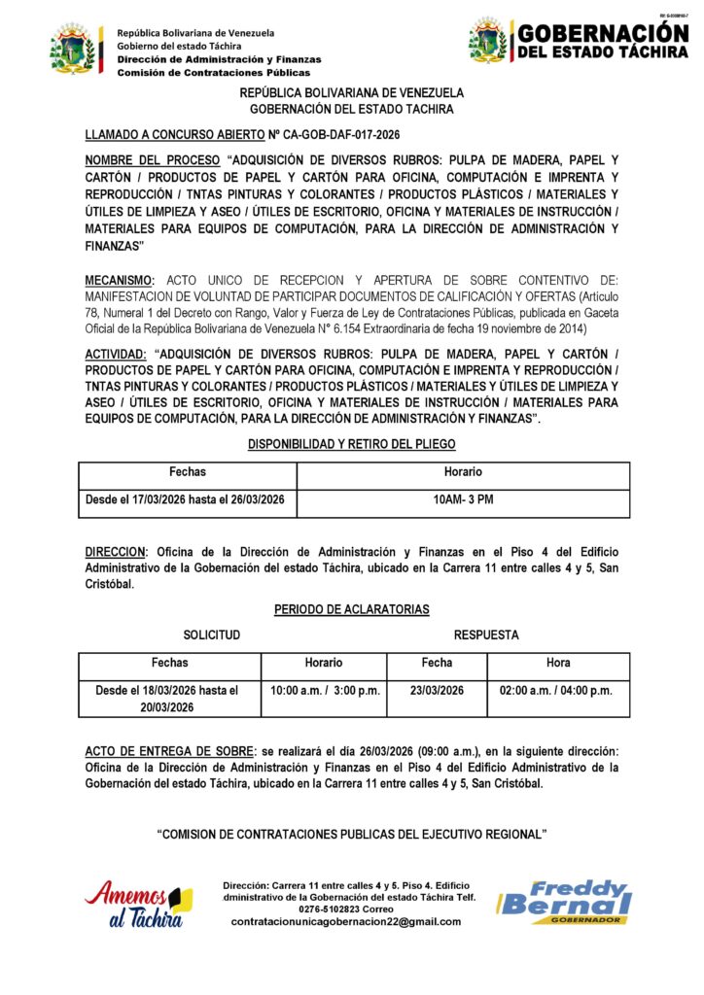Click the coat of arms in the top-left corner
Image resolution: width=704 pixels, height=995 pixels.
[75, 50]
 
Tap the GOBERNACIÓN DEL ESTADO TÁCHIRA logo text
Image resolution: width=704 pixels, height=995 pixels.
[602, 41]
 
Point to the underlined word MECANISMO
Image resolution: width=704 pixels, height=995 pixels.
[120, 280]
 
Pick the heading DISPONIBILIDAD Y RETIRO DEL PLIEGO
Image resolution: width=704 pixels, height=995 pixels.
[352, 444]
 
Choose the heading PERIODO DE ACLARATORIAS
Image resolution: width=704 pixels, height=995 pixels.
[352, 609]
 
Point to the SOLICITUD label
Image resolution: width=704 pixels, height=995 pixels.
[212, 635]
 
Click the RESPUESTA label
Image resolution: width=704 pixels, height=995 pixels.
[486, 635]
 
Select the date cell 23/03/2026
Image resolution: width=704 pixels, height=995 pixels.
[437, 691]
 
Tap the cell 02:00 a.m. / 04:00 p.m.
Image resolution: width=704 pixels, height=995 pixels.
[557, 691]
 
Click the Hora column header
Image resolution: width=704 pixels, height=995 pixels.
[558, 663]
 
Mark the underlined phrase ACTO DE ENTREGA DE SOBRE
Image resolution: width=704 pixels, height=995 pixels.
[168, 751]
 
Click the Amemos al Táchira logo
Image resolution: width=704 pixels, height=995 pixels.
[138, 904]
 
